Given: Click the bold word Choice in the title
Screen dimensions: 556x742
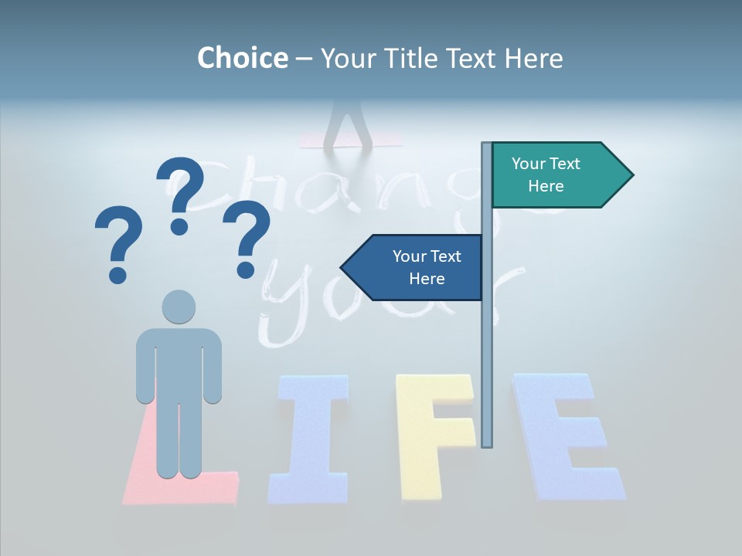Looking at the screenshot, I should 242,58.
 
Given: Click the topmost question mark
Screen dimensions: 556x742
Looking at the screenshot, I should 181,195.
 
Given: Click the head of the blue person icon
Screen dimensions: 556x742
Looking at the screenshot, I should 179,307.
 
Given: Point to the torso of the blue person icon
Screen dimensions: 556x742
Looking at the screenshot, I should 179,363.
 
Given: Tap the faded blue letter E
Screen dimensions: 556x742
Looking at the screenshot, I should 564,436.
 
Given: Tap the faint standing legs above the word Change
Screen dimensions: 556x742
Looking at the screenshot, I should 352,124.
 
